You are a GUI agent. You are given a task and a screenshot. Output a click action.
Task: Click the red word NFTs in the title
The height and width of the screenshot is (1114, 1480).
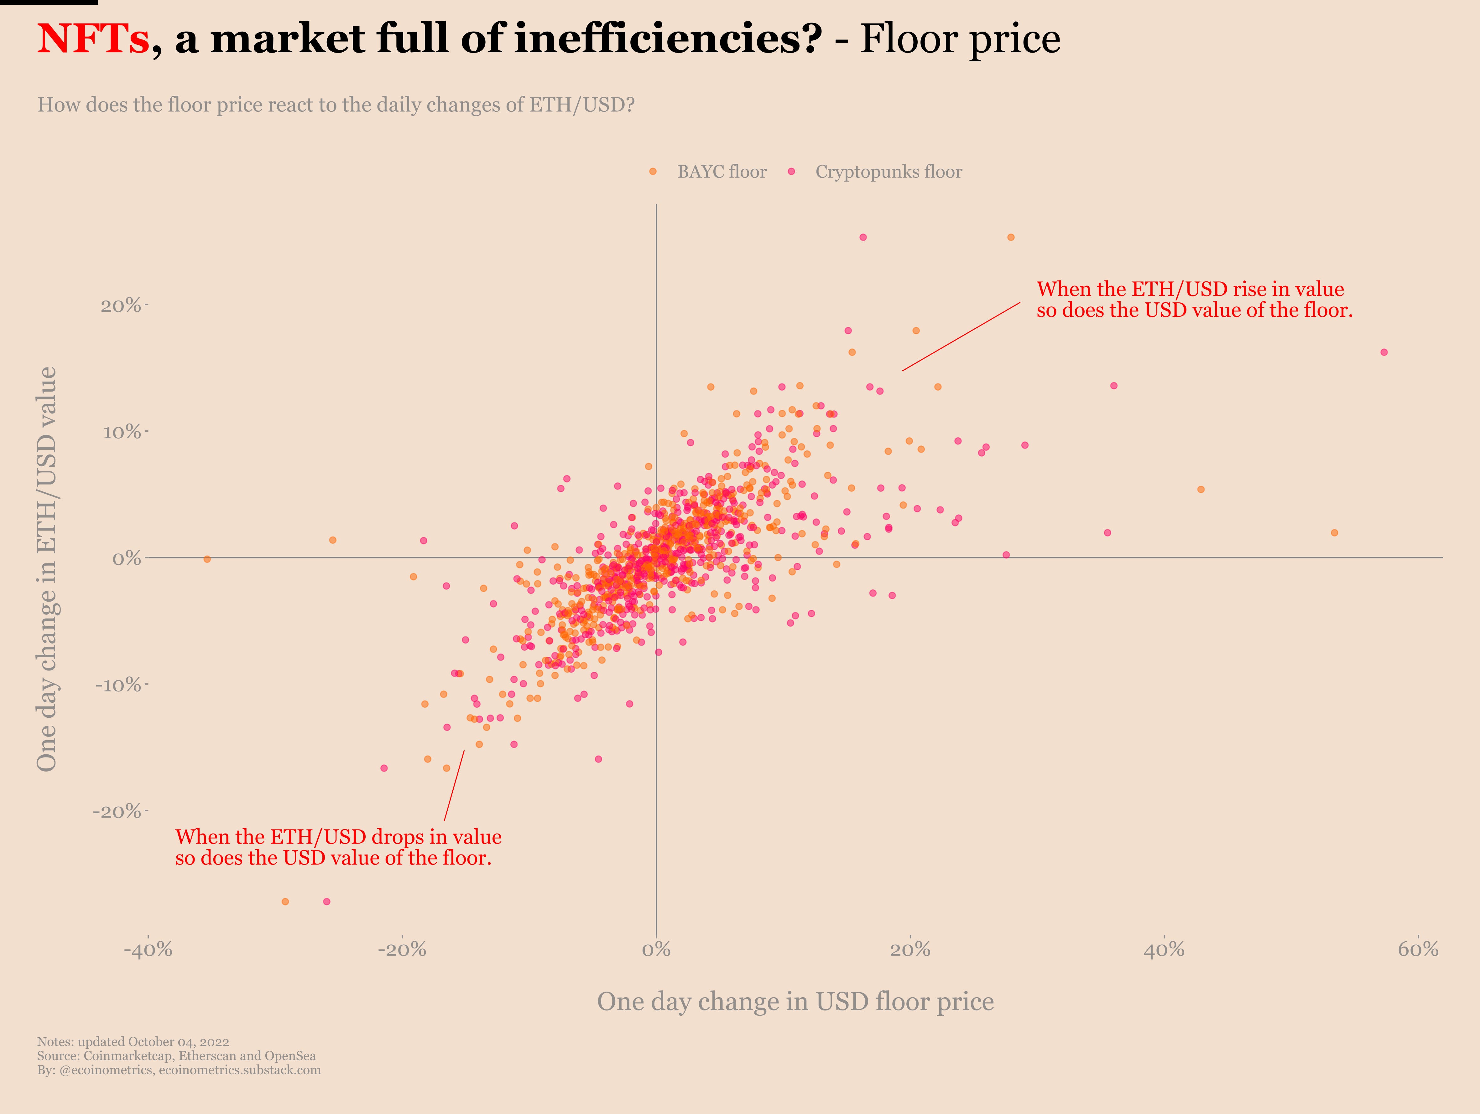click(92, 39)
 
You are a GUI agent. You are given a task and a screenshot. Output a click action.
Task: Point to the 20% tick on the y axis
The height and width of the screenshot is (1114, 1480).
click(122, 305)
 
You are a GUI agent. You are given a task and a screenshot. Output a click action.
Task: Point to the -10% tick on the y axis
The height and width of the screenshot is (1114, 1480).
click(119, 685)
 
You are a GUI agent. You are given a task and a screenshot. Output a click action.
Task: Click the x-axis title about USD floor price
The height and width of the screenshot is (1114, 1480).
click(795, 1002)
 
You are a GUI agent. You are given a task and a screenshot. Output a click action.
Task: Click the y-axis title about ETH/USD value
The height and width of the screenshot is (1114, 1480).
click(47, 568)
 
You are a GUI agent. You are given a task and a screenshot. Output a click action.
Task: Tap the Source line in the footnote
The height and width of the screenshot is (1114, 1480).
click(176, 1056)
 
